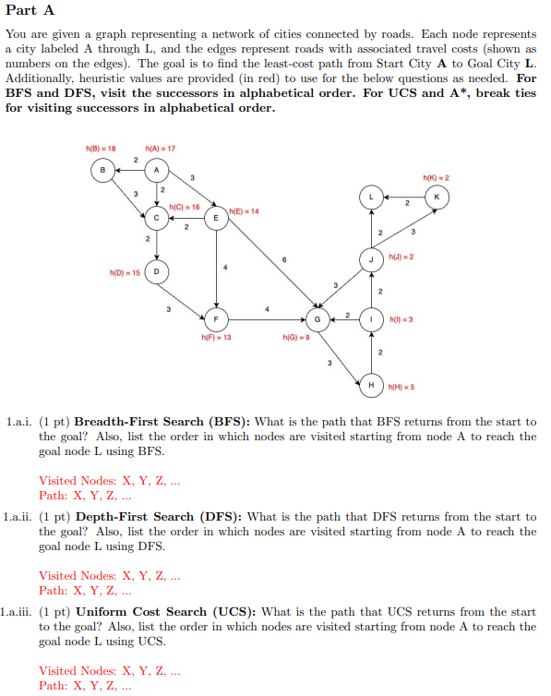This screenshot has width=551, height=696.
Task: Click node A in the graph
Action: (x=157, y=170)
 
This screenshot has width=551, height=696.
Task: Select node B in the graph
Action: (x=102, y=170)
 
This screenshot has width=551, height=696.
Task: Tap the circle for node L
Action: (x=372, y=198)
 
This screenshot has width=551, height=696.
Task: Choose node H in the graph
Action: (x=372, y=384)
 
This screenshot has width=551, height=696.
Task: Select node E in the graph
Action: (x=216, y=218)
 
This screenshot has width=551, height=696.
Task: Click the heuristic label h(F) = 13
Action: (x=216, y=338)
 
